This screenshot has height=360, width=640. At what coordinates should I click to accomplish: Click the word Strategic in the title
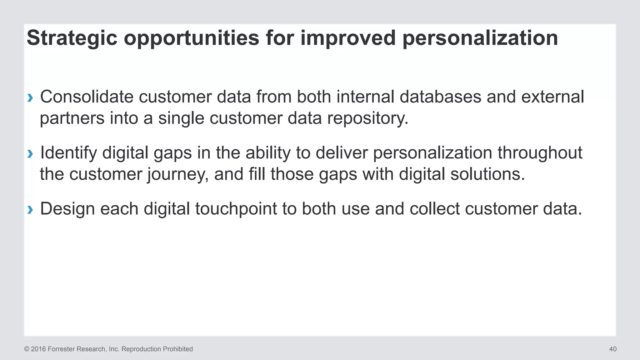(x=72, y=38)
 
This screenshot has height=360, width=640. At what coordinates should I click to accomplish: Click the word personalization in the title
(x=480, y=38)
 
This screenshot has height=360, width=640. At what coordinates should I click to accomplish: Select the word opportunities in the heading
(x=192, y=38)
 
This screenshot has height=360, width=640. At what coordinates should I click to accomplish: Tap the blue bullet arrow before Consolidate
(x=30, y=98)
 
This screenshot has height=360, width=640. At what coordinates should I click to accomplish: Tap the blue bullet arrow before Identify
(x=30, y=154)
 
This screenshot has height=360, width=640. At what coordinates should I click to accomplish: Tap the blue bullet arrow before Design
(x=30, y=210)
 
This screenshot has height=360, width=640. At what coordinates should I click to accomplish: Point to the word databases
(x=440, y=97)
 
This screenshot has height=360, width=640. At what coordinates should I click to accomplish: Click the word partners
(x=72, y=118)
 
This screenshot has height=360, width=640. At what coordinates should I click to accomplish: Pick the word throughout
(x=540, y=153)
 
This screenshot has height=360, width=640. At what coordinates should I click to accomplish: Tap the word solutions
(x=487, y=174)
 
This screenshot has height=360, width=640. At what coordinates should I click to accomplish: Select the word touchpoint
(x=236, y=209)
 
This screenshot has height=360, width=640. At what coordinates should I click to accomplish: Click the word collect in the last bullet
(x=434, y=209)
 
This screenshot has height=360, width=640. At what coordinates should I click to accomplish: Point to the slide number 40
(x=612, y=349)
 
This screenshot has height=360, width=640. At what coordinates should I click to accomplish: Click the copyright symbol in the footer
(x=27, y=349)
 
